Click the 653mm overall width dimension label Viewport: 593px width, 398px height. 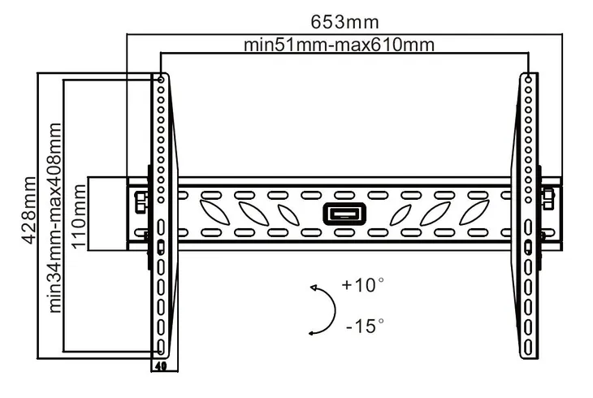(344, 22)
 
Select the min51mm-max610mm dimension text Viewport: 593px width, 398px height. (340, 45)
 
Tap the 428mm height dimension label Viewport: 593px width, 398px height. (29, 210)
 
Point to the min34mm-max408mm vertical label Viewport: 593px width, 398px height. (55, 218)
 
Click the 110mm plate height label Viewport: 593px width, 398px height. (79, 216)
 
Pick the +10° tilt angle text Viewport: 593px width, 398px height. (362, 284)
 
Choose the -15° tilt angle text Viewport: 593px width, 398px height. (365, 326)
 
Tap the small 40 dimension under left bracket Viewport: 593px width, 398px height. (161, 366)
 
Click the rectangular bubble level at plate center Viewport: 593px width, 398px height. (344, 214)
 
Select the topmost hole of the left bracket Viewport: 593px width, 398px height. (161, 80)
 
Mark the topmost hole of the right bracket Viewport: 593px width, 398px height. (528, 80)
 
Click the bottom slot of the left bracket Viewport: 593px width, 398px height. (161, 347)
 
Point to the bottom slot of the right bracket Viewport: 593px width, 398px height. (528, 347)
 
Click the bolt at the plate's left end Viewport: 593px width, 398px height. (141, 201)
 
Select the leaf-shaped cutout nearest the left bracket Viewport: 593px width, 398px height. (214, 214)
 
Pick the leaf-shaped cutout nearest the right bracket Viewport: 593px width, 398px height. (474, 214)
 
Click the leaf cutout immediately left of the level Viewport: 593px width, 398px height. (288, 214)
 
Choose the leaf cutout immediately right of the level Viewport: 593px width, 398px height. (400, 214)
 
